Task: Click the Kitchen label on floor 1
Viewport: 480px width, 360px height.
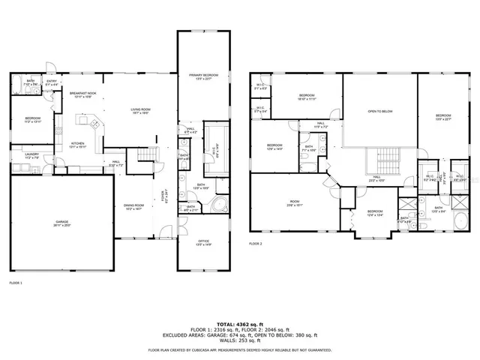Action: tap(78, 145)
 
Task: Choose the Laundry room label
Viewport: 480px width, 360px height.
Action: tap(31, 157)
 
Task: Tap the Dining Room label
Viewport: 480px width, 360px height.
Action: tap(133, 206)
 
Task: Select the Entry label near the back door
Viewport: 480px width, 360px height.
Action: tap(52, 82)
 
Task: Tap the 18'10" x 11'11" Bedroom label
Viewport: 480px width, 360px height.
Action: tap(306, 97)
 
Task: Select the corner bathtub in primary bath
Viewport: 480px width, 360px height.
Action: tap(218, 207)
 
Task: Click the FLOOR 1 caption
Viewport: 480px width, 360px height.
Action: tap(16, 283)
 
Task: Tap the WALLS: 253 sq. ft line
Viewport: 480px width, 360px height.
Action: tap(239, 341)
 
